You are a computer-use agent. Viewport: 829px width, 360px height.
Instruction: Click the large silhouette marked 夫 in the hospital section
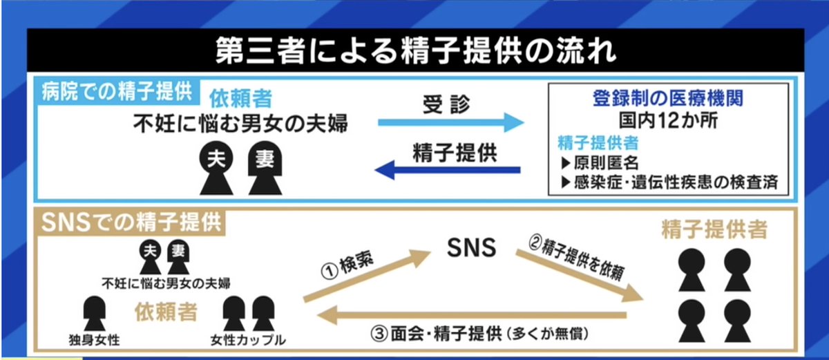pos(215,169)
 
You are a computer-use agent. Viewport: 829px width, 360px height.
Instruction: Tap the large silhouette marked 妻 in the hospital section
pos(263,169)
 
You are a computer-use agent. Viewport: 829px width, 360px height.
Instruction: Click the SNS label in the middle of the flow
pos(471,248)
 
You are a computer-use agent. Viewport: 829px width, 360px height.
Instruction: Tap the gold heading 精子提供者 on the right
pos(716,229)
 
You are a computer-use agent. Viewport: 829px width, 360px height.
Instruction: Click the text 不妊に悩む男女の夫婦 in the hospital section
pos(240,125)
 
